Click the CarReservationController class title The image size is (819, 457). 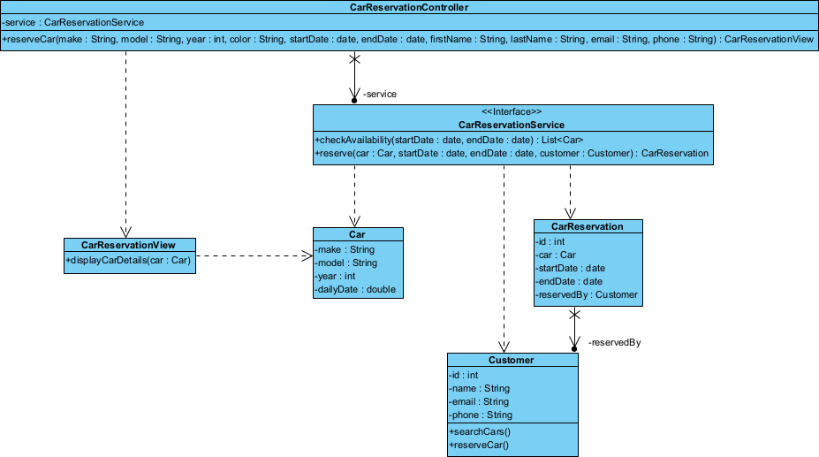[409, 8]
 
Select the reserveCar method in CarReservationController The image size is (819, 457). [409, 40]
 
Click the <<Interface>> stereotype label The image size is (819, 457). [512, 112]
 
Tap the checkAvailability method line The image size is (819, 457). [449, 140]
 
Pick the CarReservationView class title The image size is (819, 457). [128, 245]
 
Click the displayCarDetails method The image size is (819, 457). [128, 260]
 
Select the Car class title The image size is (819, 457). [357, 235]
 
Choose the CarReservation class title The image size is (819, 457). [587, 227]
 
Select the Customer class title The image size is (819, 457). [511, 361]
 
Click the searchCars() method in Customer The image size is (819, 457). [480, 431]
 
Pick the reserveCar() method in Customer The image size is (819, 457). [479, 445]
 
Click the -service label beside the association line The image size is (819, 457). [379, 94]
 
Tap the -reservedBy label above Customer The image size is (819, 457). [614, 342]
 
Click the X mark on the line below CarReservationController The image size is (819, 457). [354, 60]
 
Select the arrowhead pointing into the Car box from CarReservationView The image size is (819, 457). [307, 256]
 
